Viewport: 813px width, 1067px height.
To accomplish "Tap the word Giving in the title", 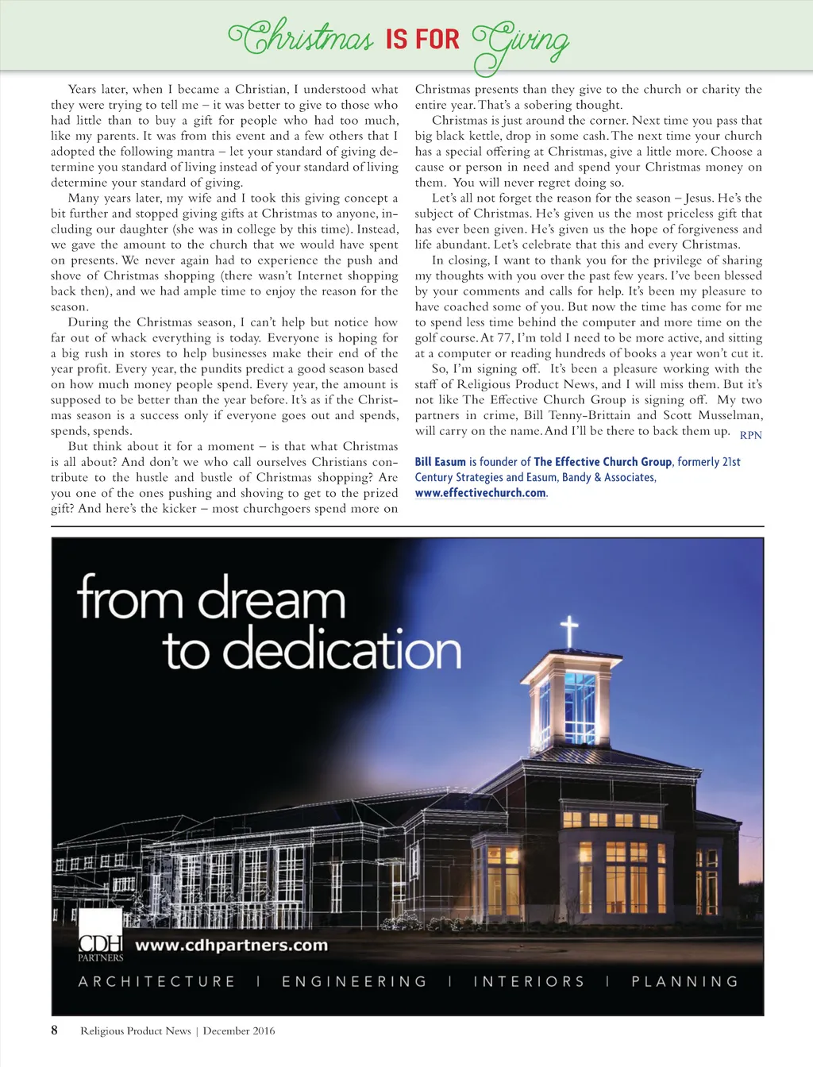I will [x=522, y=41].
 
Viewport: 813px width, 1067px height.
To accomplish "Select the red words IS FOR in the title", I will [x=422, y=39].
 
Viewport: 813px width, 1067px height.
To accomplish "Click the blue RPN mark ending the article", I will [x=750, y=435].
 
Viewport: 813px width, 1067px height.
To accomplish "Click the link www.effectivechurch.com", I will [x=480, y=493].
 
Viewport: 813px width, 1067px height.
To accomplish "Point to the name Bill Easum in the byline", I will [x=440, y=462].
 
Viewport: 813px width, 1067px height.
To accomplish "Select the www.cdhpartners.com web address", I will [x=231, y=946].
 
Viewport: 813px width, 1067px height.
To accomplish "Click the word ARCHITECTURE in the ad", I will [x=156, y=982].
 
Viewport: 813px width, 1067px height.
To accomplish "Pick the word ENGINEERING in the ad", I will [x=354, y=982].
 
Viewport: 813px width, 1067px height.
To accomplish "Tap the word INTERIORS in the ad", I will [x=529, y=982].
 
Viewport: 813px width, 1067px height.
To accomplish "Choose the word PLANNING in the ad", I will [x=684, y=982].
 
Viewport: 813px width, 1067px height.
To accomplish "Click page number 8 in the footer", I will [x=55, y=1030].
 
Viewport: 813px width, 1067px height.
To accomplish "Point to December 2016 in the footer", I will [x=239, y=1031].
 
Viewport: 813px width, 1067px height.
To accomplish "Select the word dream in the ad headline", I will [x=272, y=600].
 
